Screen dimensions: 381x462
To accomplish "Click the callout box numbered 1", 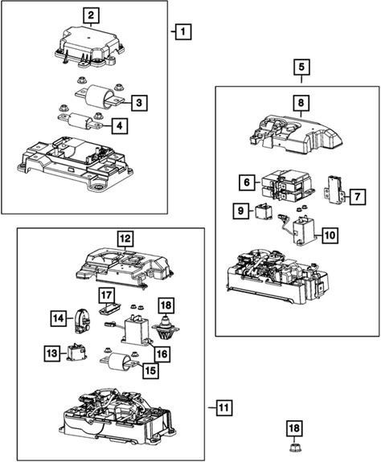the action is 183,31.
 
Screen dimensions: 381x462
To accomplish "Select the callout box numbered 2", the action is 91,15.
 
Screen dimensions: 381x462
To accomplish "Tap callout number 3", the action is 139,103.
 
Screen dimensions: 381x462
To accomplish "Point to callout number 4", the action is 119,126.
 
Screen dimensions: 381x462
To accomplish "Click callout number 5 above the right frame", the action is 301,67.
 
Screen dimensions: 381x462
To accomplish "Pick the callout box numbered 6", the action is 247,182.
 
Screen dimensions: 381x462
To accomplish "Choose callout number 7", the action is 358,197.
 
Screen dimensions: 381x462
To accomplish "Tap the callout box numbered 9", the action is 241,211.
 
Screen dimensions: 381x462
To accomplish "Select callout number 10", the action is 330,235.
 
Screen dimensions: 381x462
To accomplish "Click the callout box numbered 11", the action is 224,408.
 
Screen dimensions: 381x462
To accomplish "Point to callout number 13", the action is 52,353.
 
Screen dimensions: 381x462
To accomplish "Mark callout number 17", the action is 106,296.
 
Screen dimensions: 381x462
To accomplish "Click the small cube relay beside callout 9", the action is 264,212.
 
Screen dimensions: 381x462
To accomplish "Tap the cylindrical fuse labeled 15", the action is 119,361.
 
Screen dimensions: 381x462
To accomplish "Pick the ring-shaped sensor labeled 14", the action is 82,321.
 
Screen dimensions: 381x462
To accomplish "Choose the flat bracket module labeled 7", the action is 335,190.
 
